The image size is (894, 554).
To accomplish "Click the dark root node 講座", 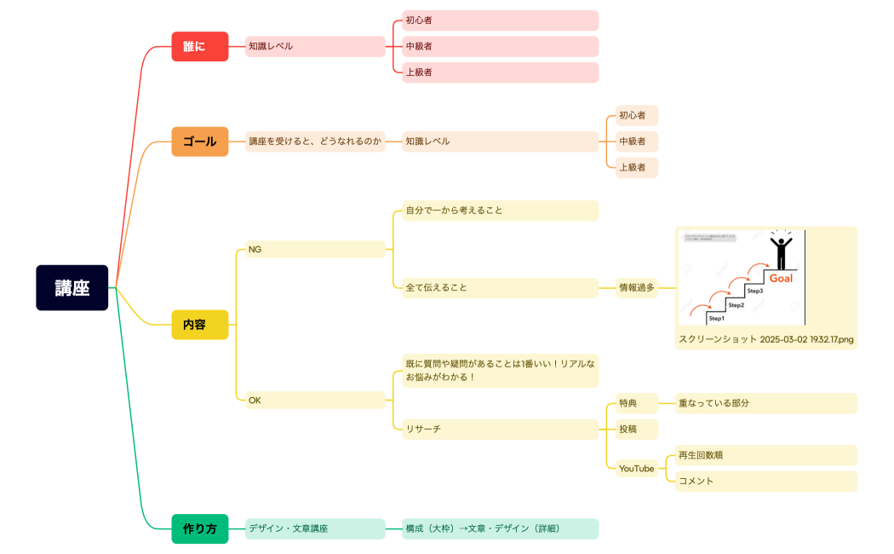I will pos(72,288).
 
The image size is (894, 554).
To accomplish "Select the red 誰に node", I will pos(200,46).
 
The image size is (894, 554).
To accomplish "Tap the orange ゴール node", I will pos(200,141).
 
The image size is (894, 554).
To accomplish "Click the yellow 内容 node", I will pos(200,325).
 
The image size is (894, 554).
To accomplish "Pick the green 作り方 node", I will pos(200,528).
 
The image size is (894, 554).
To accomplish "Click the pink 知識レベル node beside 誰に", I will pos(315,46).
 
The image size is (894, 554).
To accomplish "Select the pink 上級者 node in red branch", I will pos(500,72).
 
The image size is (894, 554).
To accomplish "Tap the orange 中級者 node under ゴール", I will pos(636,141).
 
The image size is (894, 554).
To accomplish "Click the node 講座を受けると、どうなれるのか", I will pos(315,141).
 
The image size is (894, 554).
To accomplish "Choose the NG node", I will pos(315,250).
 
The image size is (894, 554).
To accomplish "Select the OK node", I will pos(315,400).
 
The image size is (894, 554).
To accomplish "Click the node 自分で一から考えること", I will pos(500,211).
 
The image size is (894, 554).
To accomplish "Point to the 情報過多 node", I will pos(638,288).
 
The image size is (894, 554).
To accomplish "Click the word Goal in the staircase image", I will pos(781,279).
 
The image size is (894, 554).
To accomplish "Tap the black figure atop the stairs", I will pos(780,251).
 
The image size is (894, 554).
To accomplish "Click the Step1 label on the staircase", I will pos(716,318).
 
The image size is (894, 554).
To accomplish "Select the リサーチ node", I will pos(500,429).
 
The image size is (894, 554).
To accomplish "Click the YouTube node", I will pos(636,469).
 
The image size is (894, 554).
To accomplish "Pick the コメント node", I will pos(765,482).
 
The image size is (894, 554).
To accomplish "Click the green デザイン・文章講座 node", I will pos(315,528).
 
